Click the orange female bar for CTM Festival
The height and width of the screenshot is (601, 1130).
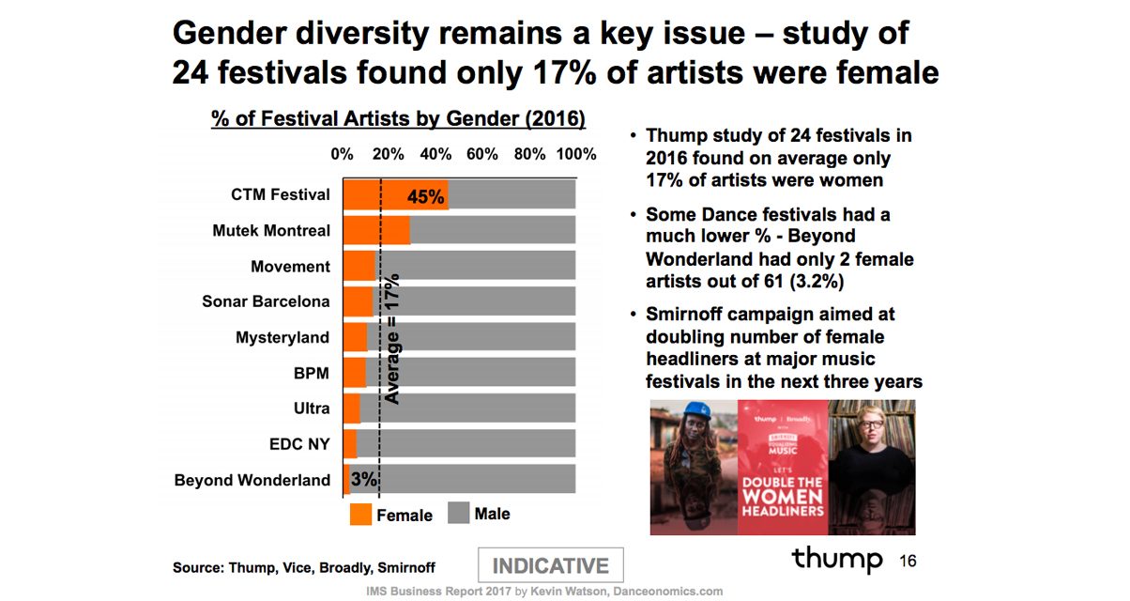point(375,194)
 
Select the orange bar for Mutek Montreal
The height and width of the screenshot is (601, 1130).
point(375,230)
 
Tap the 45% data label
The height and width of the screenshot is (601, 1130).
point(425,196)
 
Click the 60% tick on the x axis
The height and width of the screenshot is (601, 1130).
point(481,154)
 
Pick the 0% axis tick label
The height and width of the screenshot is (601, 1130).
point(342,154)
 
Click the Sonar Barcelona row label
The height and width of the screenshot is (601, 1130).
point(266,301)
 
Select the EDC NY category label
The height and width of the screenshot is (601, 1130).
point(299,444)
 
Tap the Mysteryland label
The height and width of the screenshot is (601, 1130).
point(282,337)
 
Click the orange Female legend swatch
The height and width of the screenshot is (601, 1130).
point(360,515)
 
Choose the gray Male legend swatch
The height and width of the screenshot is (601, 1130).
point(457,514)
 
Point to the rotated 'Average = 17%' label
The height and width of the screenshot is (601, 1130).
point(392,338)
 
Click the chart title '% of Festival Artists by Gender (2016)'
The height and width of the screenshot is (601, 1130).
point(398,119)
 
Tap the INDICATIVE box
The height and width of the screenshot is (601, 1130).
point(551,566)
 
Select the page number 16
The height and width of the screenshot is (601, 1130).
point(907,562)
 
